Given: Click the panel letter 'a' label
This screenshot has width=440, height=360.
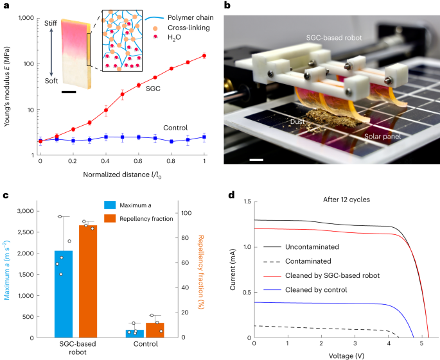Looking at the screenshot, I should (x=5, y=5).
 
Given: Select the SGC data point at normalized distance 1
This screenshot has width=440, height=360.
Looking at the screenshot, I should (x=204, y=56).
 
